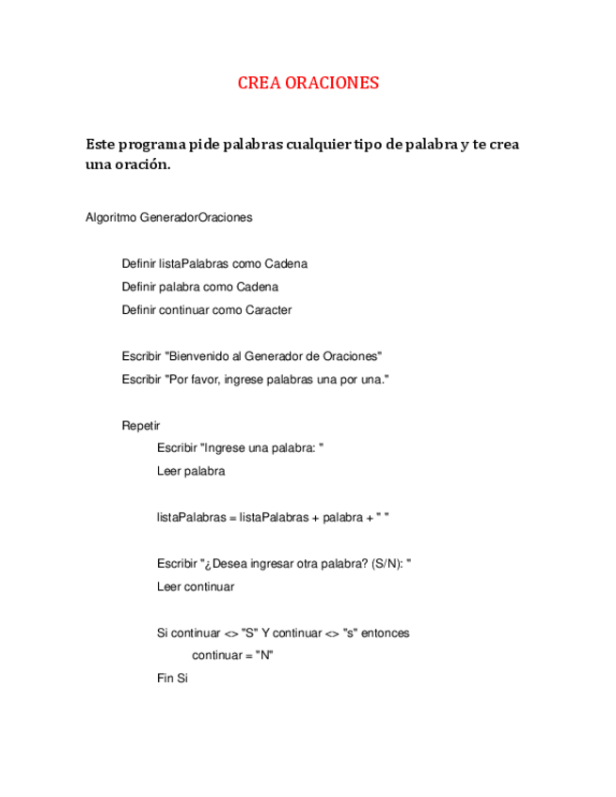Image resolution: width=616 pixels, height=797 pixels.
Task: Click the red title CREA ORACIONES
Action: [x=308, y=83]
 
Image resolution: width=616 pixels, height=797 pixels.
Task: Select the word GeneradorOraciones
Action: [x=196, y=217]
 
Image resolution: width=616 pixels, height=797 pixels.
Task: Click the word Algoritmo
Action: [x=110, y=217]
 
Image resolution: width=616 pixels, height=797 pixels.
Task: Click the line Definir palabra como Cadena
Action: [x=199, y=287]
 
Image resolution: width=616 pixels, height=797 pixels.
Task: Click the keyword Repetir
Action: [x=141, y=425]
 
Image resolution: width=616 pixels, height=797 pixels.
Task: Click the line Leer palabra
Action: [x=191, y=471]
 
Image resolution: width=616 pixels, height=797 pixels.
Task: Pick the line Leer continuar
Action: [x=196, y=586]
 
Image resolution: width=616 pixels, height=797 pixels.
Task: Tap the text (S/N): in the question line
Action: [x=388, y=564]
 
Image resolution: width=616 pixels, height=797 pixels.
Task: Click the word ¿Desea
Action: [x=223, y=564]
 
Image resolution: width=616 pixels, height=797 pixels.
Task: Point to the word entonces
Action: [x=385, y=633]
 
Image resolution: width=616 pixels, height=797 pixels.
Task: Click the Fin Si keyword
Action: [x=173, y=678]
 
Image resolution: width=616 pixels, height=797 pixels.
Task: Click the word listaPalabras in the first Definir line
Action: [x=194, y=263]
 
